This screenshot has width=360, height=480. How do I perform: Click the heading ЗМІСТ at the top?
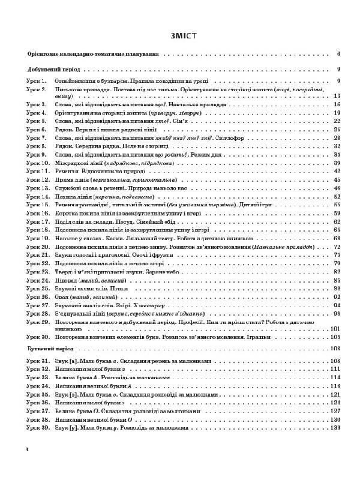[180, 34]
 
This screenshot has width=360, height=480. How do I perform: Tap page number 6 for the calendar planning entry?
[338, 53]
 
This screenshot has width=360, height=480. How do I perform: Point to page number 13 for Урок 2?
[337, 95]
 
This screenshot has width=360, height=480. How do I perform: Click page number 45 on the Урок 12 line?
[337, 179]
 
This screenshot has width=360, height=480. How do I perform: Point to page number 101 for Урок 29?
[335, 329]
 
